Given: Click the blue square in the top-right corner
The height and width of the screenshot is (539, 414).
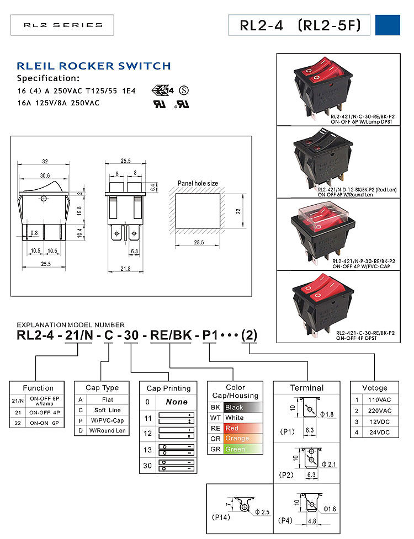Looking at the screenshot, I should (388, 25).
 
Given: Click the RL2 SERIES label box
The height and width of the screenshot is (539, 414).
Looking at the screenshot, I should (62, 25).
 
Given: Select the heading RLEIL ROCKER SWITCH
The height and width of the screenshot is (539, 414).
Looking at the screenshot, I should (94, 66).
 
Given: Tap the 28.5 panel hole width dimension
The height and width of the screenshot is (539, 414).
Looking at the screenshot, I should (199, 243).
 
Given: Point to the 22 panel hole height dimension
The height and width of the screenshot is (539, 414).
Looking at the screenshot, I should (238, 211).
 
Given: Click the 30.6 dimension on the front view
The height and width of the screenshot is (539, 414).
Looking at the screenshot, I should (44, 175).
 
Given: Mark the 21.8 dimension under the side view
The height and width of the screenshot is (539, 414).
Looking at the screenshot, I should (125, 269).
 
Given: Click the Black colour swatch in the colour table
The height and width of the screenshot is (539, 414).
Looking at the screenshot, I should (243, 407).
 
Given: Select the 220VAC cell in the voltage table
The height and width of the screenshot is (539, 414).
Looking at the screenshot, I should (380, 411).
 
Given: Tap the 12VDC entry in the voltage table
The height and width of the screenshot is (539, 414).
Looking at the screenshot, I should (380, 422).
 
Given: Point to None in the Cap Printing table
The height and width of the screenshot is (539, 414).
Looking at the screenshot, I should (177, 402).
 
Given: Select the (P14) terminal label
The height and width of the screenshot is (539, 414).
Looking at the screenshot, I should (221, 517).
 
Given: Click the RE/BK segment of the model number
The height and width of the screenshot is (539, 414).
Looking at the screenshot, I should (171, 335).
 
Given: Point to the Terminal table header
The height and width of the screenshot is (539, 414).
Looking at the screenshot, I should (307, 388).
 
